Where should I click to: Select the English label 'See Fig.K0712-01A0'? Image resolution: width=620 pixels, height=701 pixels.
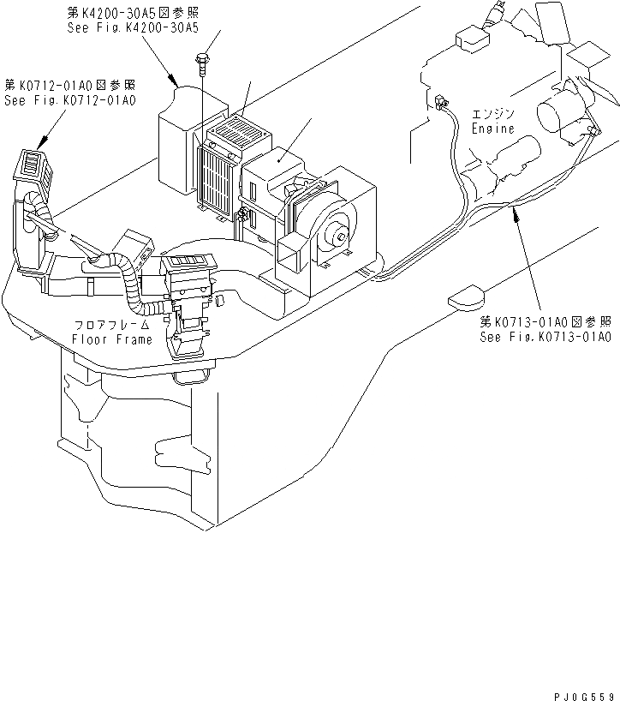(70, 100)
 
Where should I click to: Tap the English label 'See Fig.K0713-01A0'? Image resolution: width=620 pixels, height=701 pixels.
(545, 337)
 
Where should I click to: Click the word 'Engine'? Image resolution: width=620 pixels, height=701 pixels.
(493, 129)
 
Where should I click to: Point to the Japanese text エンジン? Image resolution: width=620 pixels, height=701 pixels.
(493, 115)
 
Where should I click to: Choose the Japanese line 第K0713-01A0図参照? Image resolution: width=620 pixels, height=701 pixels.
(545, 322)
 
